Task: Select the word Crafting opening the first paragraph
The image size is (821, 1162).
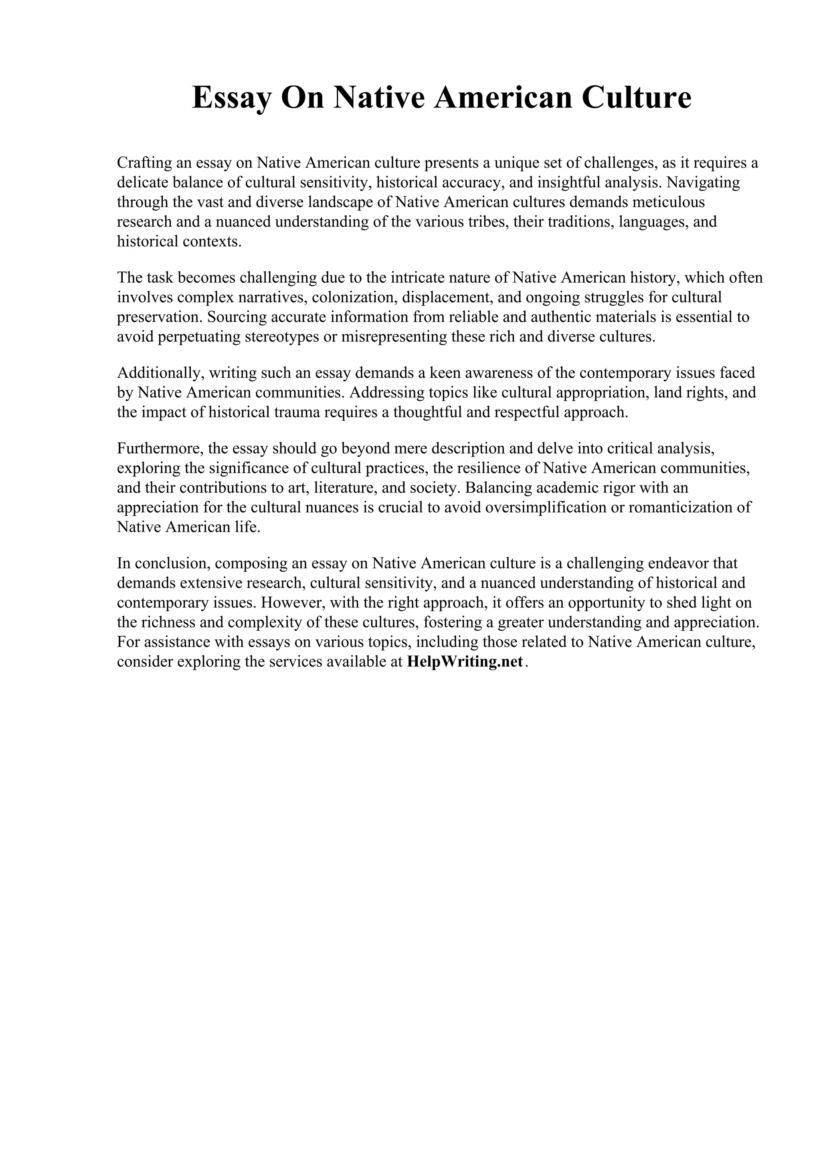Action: pyautogui.click(x=144, y=163)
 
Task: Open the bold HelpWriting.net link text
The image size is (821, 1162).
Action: pyautogui.click(x=464, y=662)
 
